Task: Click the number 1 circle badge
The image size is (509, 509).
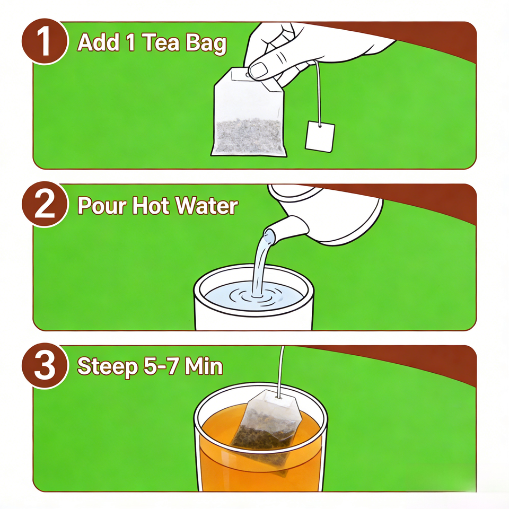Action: click(x=45, y=41)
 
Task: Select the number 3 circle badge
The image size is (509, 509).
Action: click(x=45, y=365)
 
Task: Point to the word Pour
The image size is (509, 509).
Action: click(x=102, y=206)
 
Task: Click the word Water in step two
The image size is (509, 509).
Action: click(x=207, y=205)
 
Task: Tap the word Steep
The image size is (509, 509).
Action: click(x=108, y=367)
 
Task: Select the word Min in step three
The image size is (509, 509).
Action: click(x=204, y=366)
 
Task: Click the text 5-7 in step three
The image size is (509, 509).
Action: click(x=161, y=366)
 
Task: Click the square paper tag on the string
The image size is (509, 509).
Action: click(x=320, y=136)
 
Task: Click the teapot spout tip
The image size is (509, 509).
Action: click(x=269, y=234)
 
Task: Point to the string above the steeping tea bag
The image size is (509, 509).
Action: click(x=281, y=371)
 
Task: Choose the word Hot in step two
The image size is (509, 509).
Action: click(x=151, y=205)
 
